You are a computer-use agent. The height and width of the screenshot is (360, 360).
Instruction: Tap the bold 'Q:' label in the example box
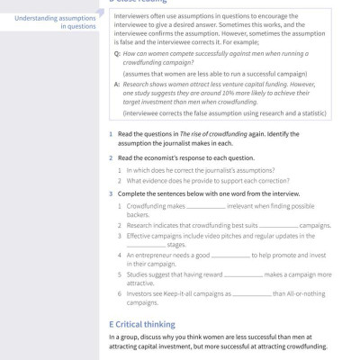pyautogui.click(x=117, y=54)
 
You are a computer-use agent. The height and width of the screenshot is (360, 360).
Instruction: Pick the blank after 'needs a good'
pyautogui.click(x=220, y=255)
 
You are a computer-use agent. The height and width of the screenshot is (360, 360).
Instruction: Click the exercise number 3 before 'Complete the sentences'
pyautogui.click(x=110, y=193)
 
